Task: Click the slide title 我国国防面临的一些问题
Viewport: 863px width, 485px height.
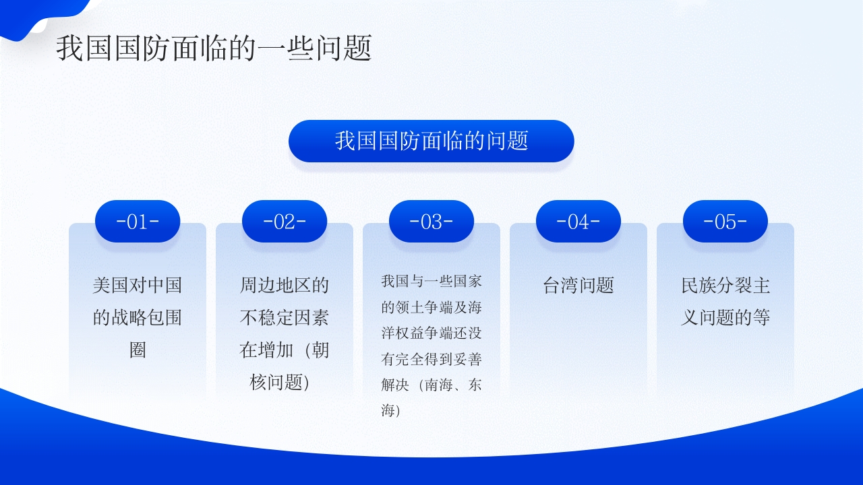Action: pos(214,49)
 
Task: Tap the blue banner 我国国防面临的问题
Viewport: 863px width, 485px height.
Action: pos(431,141)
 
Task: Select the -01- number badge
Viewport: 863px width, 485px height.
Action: pos(138,222)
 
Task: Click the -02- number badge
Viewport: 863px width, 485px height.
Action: pos(285,222)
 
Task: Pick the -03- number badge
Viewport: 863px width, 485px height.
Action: pos(431,222)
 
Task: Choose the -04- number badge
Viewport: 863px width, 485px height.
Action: pos(578,222)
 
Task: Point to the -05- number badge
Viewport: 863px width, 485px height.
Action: pos(725,222)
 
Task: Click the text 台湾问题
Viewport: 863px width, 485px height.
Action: pos(578,286)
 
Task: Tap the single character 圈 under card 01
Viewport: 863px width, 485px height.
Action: pos(138,350)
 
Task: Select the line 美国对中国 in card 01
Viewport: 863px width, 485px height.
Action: pos(138,286)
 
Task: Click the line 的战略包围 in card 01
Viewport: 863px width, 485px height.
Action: pos(138,318)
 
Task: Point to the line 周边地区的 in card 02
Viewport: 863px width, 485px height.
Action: pos(285,286)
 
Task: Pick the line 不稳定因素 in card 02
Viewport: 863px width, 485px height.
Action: pos(285,318)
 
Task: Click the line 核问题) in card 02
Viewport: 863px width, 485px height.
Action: pos(280,383)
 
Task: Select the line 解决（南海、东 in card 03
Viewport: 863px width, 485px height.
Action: pos(431,385)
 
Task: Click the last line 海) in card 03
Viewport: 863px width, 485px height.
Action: pos(391,411)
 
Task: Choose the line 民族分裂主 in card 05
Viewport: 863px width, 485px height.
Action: pos(725,286)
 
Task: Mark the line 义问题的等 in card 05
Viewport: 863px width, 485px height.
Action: pos(725,318)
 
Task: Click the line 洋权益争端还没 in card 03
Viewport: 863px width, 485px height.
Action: pos(431,333)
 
